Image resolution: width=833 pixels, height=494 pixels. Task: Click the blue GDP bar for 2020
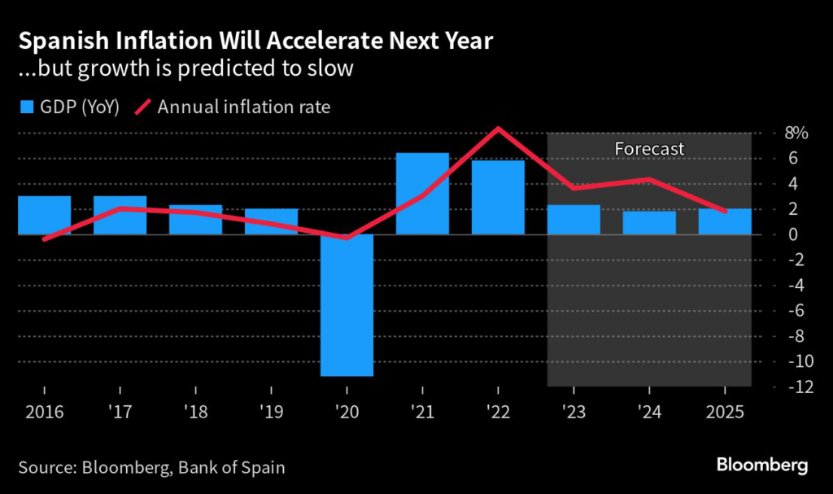point(347,305)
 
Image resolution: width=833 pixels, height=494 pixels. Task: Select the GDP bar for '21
point(422,194)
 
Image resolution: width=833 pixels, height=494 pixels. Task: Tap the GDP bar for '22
point(498,198)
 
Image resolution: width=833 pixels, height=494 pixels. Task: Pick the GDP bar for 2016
point(44,215)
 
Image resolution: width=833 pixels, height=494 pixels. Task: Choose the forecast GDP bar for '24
point(649,223)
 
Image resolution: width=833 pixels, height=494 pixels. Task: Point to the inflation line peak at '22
point(498,129)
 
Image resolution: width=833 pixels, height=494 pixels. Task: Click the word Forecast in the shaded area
point(649,149)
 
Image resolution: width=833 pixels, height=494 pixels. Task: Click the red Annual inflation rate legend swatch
point(142,107)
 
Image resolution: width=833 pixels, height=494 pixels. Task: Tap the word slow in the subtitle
point(335,68)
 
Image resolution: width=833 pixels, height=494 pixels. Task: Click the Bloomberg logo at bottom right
point(761,466)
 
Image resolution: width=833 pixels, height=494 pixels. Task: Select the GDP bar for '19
point(271,221)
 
